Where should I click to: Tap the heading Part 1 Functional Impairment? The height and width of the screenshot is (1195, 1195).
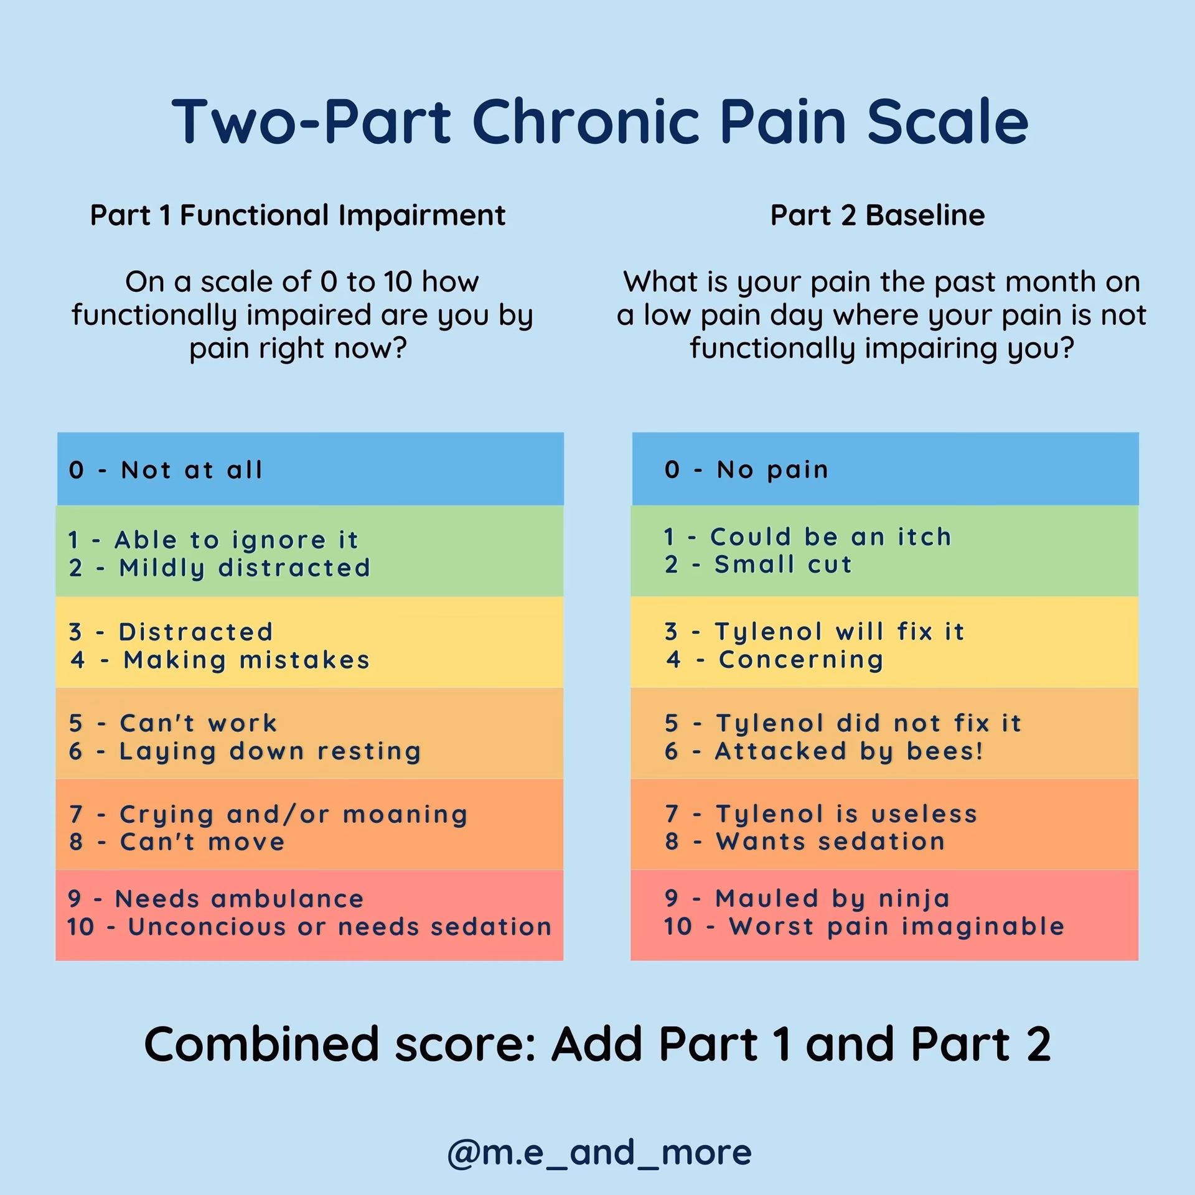(298, 215)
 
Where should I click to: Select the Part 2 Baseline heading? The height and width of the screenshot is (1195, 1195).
(878, 215)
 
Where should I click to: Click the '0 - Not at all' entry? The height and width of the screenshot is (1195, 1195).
(166, 470)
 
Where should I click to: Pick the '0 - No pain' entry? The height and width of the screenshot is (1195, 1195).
(746, 469)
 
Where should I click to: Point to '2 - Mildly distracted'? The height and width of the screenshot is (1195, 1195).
(220, 568)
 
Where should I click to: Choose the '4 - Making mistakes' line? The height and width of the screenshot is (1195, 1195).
(220, 660)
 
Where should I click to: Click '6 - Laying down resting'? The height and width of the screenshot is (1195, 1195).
(245, 751)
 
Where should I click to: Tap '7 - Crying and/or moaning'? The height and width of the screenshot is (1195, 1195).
(268, 814)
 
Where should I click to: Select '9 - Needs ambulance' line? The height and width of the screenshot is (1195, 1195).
(216, 899)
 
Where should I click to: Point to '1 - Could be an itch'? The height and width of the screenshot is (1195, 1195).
(808, 537)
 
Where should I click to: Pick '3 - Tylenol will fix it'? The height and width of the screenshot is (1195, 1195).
(814, 632)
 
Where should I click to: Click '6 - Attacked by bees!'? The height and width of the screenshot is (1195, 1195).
(824, 751)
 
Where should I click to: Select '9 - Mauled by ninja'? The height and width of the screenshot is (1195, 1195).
(807, 898)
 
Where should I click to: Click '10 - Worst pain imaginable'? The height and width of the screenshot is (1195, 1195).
(864, 926)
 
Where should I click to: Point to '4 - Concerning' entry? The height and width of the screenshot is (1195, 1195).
(774, 660)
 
